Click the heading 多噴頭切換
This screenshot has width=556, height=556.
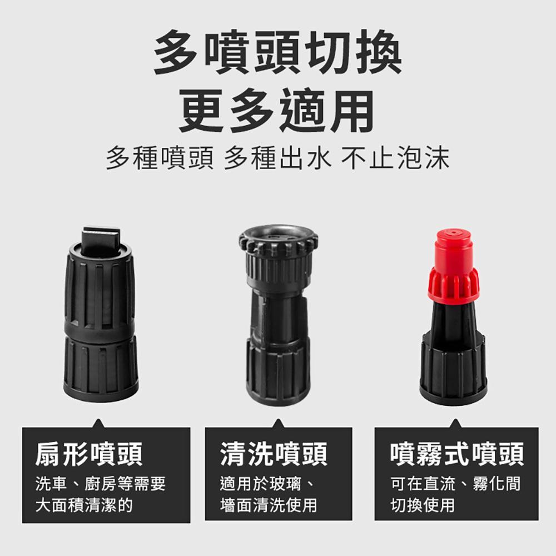point(277,52)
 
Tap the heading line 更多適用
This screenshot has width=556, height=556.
point(276,111)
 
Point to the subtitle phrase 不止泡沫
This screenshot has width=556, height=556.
point(395,158)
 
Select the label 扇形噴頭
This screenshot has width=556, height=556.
point(88,454)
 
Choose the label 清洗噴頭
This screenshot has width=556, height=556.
point(274,454)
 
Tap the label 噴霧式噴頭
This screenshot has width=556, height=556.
point(457,454)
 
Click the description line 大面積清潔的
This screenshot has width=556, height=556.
point(84,505)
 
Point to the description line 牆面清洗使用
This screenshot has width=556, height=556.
point(269,505)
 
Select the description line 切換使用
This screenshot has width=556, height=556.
point(423,505)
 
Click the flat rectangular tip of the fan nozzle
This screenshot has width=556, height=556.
point(100,241)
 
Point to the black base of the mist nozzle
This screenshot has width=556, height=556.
point(453,365)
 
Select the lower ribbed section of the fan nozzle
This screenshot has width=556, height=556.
point(101,369)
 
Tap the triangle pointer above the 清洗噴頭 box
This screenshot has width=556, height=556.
point(279,423)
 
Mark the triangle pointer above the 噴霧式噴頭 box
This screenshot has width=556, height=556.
point(456,423)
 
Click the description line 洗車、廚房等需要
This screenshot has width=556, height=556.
point(101,484)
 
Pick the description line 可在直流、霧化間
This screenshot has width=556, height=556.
point(456,484)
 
